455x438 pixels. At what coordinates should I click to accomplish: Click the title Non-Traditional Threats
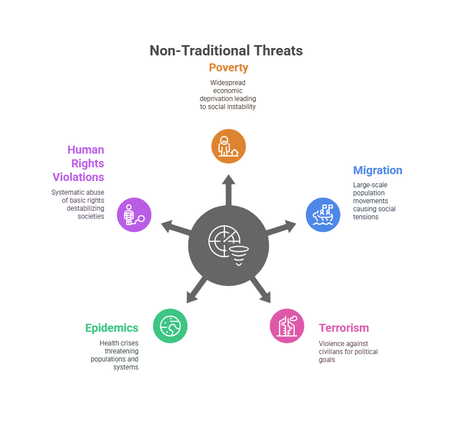(226, 51)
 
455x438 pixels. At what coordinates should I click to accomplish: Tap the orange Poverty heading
(228, 68)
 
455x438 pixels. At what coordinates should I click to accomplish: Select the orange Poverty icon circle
(228, 146)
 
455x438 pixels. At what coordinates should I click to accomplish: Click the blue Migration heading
(377, 171)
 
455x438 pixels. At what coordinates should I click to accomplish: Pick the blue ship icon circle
(323, 215)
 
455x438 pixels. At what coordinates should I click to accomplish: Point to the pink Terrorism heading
(344, 328)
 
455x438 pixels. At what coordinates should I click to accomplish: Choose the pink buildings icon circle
(287, 326)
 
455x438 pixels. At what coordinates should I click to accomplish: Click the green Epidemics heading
(112, 328)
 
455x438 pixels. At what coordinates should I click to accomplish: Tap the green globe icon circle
(170, 326)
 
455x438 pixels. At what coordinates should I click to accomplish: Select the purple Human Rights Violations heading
(80, 163)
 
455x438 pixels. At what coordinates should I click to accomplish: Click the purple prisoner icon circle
(134, 215)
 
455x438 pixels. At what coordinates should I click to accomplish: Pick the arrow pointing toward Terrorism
(261, 290)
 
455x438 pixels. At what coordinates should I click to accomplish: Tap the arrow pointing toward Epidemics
(195, 290)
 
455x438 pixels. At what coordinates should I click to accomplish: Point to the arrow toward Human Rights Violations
(175, 227)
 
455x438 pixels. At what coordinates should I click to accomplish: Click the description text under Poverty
(228, 94)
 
